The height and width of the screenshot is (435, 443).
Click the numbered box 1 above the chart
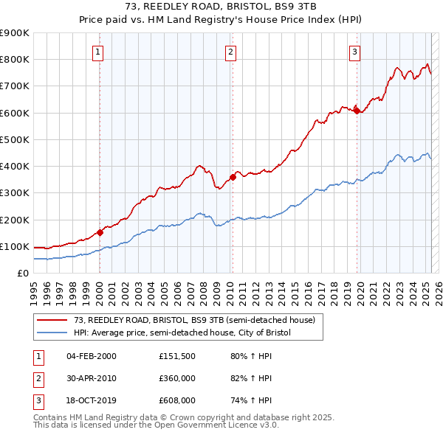(99, 52)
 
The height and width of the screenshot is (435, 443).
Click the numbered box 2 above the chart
(231, 52)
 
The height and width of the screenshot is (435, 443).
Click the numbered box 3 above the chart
(355, 52)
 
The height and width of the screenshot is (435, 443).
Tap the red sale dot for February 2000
(100, 232)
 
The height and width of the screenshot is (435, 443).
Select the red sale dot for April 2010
(233, 177)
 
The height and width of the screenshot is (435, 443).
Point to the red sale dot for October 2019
(357, 111)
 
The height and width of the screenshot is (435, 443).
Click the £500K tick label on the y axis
(15, 139)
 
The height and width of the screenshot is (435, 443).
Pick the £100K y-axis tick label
(15, 246)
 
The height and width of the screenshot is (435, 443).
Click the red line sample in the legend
(52, 320)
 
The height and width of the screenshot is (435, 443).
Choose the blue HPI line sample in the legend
(52, 333)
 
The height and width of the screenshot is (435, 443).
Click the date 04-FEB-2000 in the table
(91, 356)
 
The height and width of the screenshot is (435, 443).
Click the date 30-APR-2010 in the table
(91, 378)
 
